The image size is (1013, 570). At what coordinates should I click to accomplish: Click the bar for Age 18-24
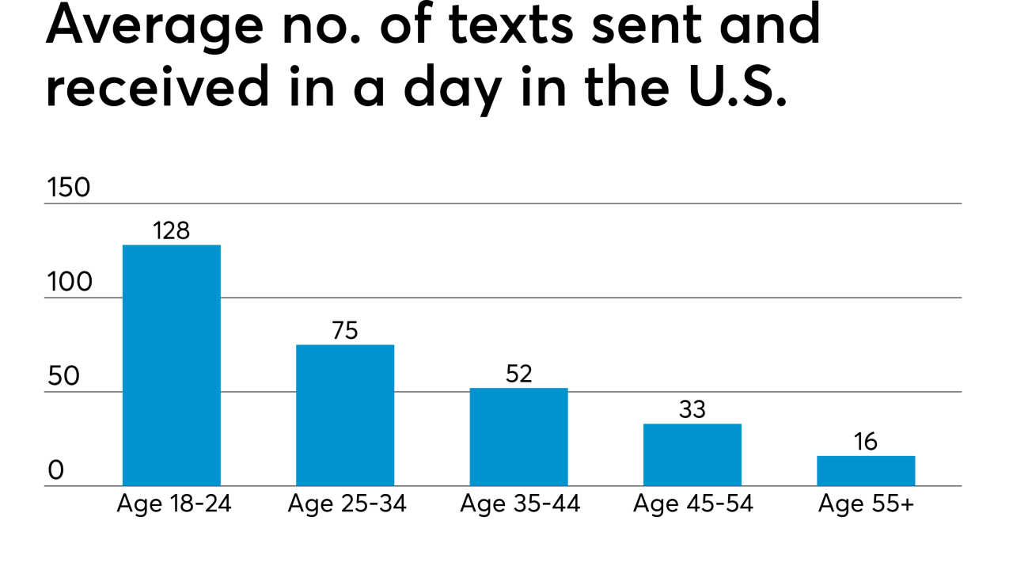point(171,365)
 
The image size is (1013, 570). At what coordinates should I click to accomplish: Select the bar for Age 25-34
point(345,415)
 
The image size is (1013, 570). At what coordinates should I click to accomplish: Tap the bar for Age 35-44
point(518,436)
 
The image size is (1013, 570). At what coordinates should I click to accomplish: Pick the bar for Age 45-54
point(692,454)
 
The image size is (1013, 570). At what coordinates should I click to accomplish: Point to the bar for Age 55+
point(866,470)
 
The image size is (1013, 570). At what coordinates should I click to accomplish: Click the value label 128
point(171,230)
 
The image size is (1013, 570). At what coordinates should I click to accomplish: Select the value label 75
point(345,330)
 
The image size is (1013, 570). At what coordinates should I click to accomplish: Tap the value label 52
point(518,374)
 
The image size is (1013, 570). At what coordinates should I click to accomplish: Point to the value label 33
point(692,409)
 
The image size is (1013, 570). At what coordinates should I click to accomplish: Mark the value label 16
point(866,442)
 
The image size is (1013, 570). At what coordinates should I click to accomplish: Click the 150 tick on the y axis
point(69,188)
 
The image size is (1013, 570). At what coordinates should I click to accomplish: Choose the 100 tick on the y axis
point(69,283)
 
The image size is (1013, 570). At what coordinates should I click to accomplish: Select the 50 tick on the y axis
point(63,377)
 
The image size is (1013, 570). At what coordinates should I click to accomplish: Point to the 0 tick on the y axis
point(55,471)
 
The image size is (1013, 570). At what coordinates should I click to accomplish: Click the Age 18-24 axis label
point(173,504)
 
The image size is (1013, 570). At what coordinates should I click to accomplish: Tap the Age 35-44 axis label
point(520,504)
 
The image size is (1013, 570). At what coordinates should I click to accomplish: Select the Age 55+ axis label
point(866,504)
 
